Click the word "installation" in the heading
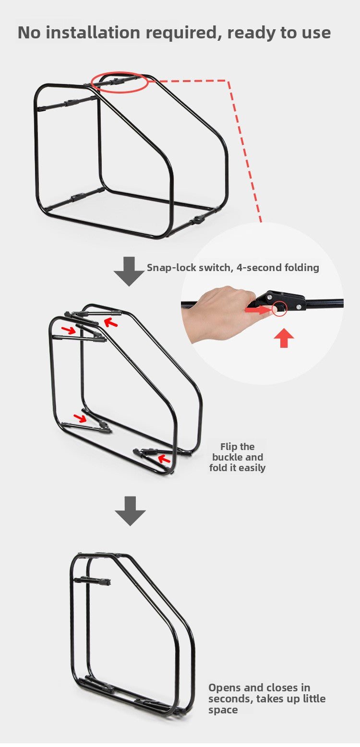93,32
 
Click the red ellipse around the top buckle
120,82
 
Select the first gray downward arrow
129,271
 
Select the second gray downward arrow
130,511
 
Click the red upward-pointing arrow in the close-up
284,338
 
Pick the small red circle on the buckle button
279,309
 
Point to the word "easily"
252,468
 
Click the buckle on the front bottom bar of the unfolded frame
199,221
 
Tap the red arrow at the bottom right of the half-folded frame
164,459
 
